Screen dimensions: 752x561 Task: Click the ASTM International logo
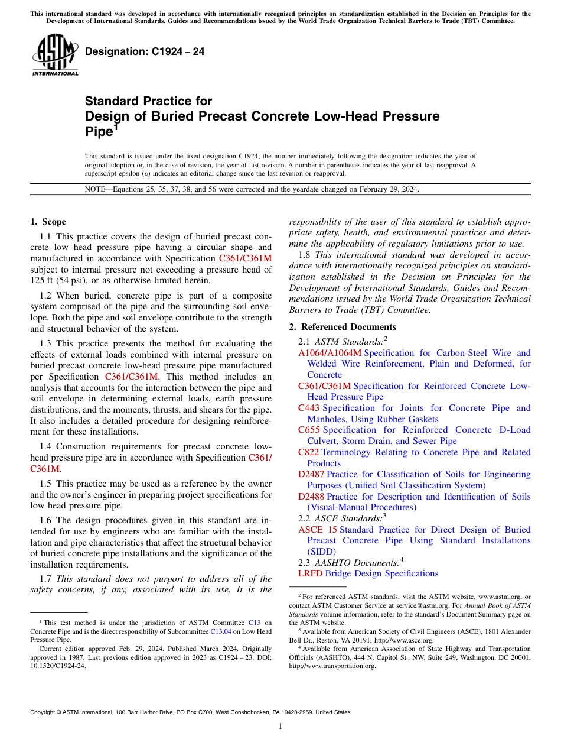point(55,56)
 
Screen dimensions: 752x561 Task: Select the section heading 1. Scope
point(48,222)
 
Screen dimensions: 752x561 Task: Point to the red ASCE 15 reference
point(317,530)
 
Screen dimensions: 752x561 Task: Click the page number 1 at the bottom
point(280,727)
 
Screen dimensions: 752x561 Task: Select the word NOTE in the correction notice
point(96,190)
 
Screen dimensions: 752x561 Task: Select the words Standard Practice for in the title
point(148,101)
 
